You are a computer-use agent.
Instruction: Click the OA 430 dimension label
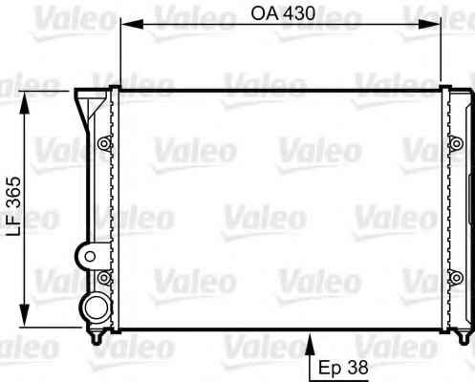pyautogui.click(x=283, y=13)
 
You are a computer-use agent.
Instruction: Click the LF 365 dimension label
pyautogui.click(x=14, y=206)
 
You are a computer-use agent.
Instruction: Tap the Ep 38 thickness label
pyautogui.click(x=343, y=368)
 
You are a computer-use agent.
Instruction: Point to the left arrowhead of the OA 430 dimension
pyautogui.click(x=133, y=24)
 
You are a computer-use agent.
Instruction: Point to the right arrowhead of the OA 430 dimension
pyautogui.click(x=429, y=24)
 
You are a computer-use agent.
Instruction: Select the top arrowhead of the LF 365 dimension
pyautogui.click(x=24, y=102)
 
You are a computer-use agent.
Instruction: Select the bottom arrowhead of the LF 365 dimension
pyautogui.click(x=24, y=315)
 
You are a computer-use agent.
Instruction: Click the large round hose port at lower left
pyautogui.click(x=97, y=308)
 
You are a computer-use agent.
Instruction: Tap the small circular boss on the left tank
pyautogui.click(x=90, y=256)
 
